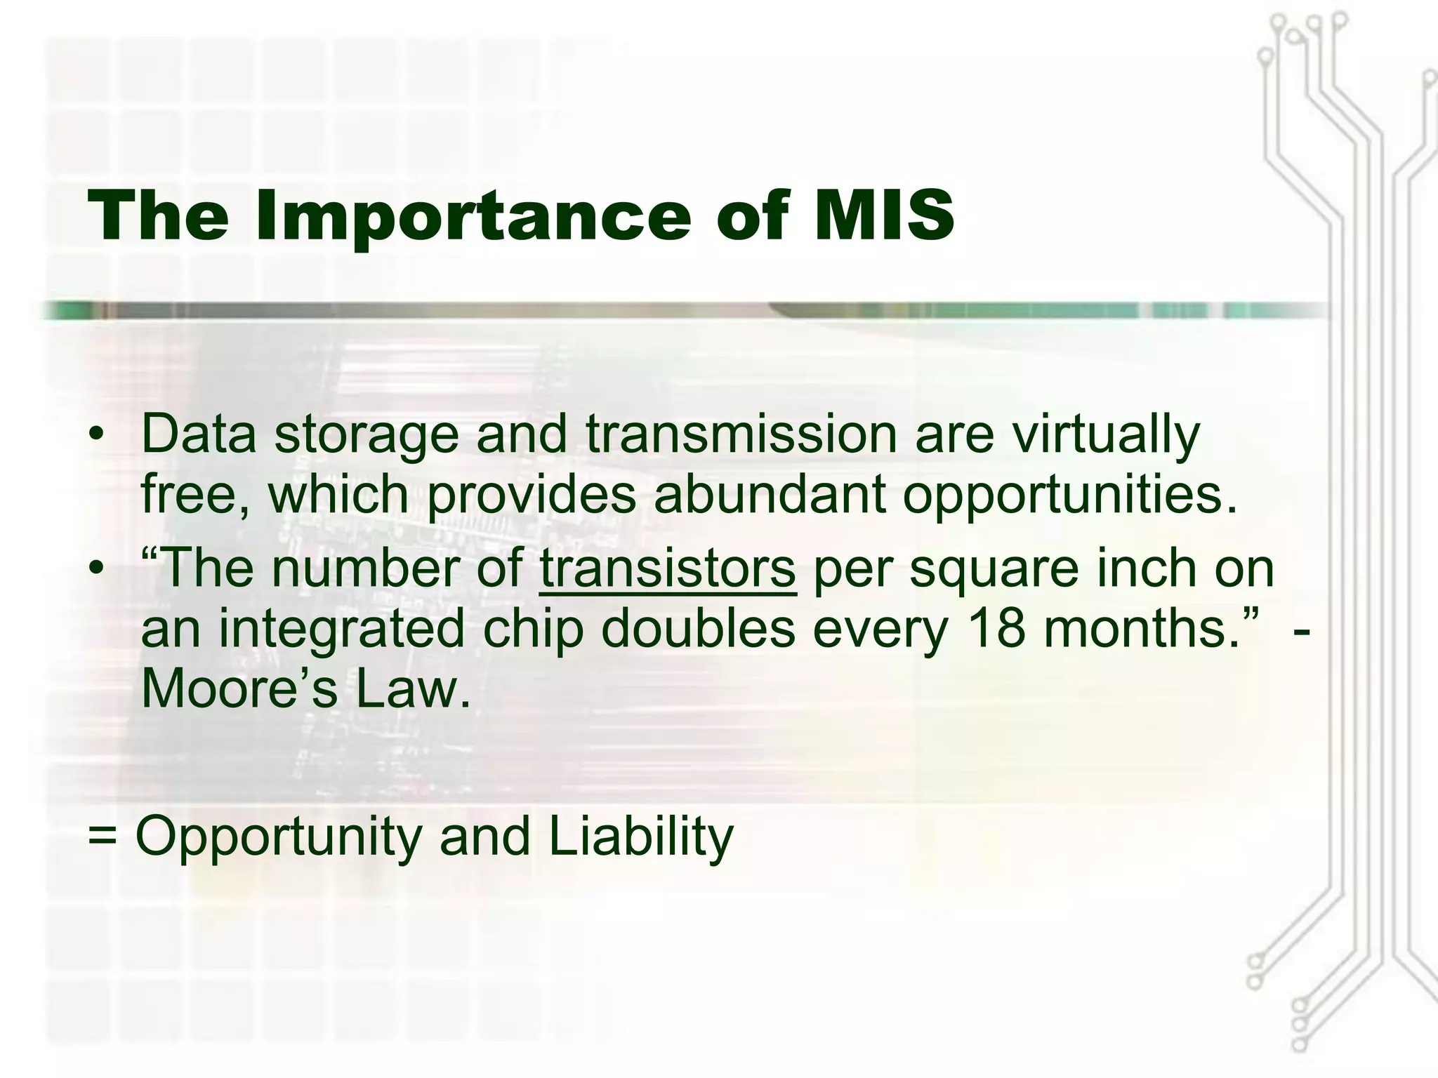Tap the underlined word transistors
click(667, 568)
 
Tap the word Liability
click(640, 836)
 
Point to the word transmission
click(741, 434)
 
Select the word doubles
click(698, 628)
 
